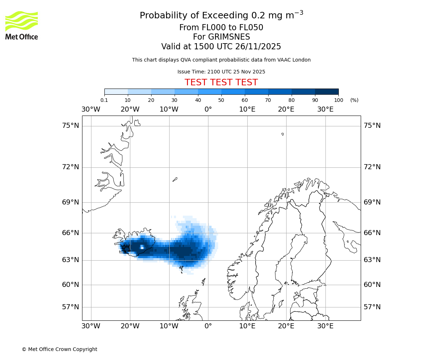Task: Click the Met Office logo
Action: [x=22, y=25]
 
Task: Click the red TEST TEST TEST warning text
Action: [x=221, y=82]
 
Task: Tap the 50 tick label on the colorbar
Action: [x=221, y=100]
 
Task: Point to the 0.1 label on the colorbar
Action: [x=104, y=100]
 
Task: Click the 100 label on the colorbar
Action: [x=338, y=100]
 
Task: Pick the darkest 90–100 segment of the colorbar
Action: [x=327, y=91]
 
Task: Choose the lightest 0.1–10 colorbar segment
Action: [x=116, y=91]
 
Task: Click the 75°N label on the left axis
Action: [x=71, y=126]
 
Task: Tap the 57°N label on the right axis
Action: [x=372, y=307]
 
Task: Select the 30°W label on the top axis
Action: [x=91, y=109]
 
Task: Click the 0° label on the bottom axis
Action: [x=208, y=326]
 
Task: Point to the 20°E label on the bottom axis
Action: [x=286, y=326]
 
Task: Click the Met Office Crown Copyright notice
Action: [x=59, y=349]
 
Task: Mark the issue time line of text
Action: [x=221, y=72]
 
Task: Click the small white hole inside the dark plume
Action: [x=142, y=247]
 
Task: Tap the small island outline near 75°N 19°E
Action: [x=283, y=134]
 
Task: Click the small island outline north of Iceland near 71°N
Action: [x=175, y=179]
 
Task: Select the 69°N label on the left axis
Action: [x=71, y=202]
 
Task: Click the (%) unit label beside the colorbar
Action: [x=354, y=100]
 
